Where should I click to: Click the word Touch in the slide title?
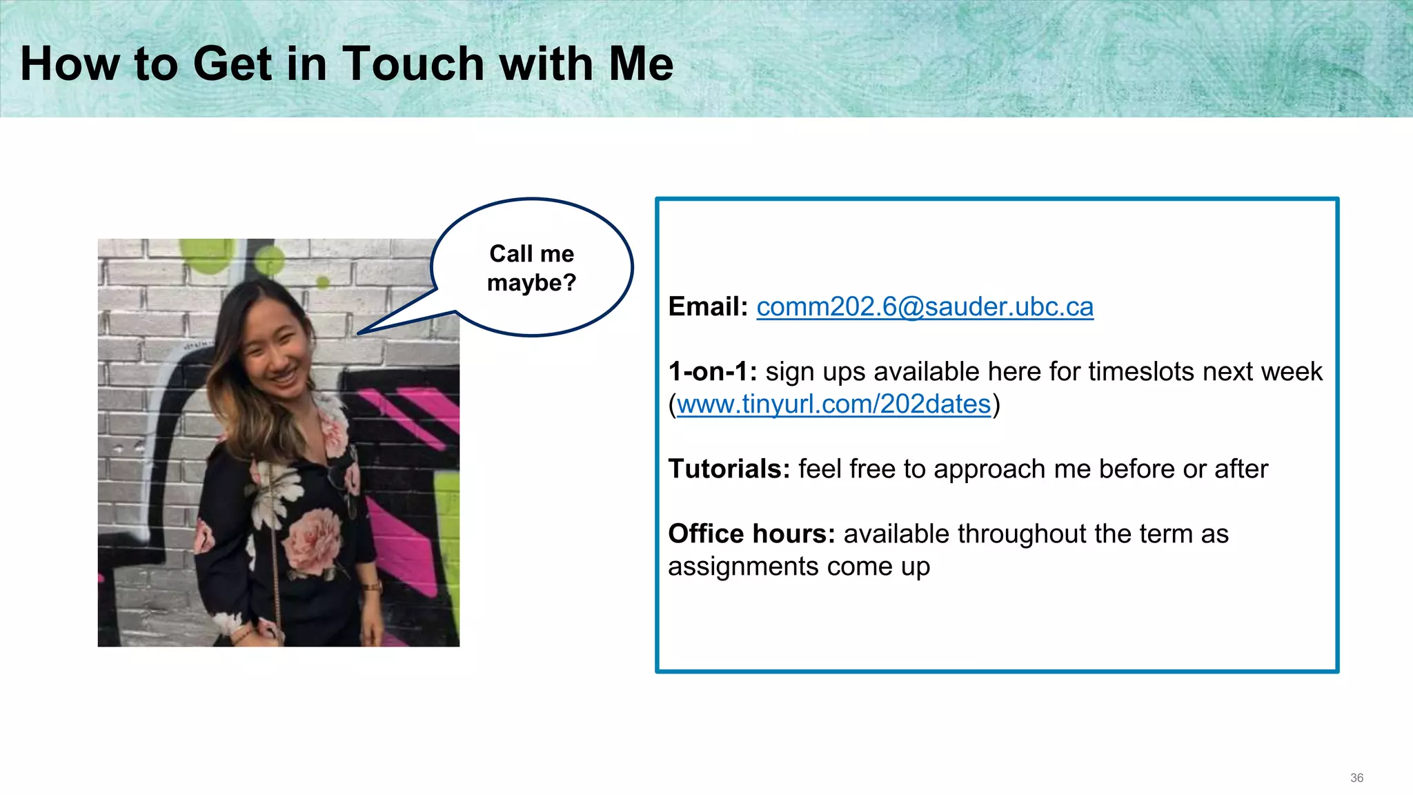(x=413, y=63)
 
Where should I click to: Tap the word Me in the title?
(x=641, y=63)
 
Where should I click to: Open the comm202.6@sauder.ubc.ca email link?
(x=925, y=307)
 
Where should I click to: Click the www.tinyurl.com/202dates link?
(x=833, y=404)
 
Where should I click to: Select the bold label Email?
(x=708, y=307)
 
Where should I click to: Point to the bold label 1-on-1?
(x=712, y=372)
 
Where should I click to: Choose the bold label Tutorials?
(x=729, y=469)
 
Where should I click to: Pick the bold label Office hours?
(x=751, y=534)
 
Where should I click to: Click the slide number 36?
(x=1356, y=778)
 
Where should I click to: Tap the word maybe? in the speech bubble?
(x=531, y=283)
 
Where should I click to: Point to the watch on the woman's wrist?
(x=373, y=587)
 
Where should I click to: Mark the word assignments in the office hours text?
(x=743, y=567)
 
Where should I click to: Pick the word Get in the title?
(x=232, y=63)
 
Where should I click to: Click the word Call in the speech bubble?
(x=511, y=254)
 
